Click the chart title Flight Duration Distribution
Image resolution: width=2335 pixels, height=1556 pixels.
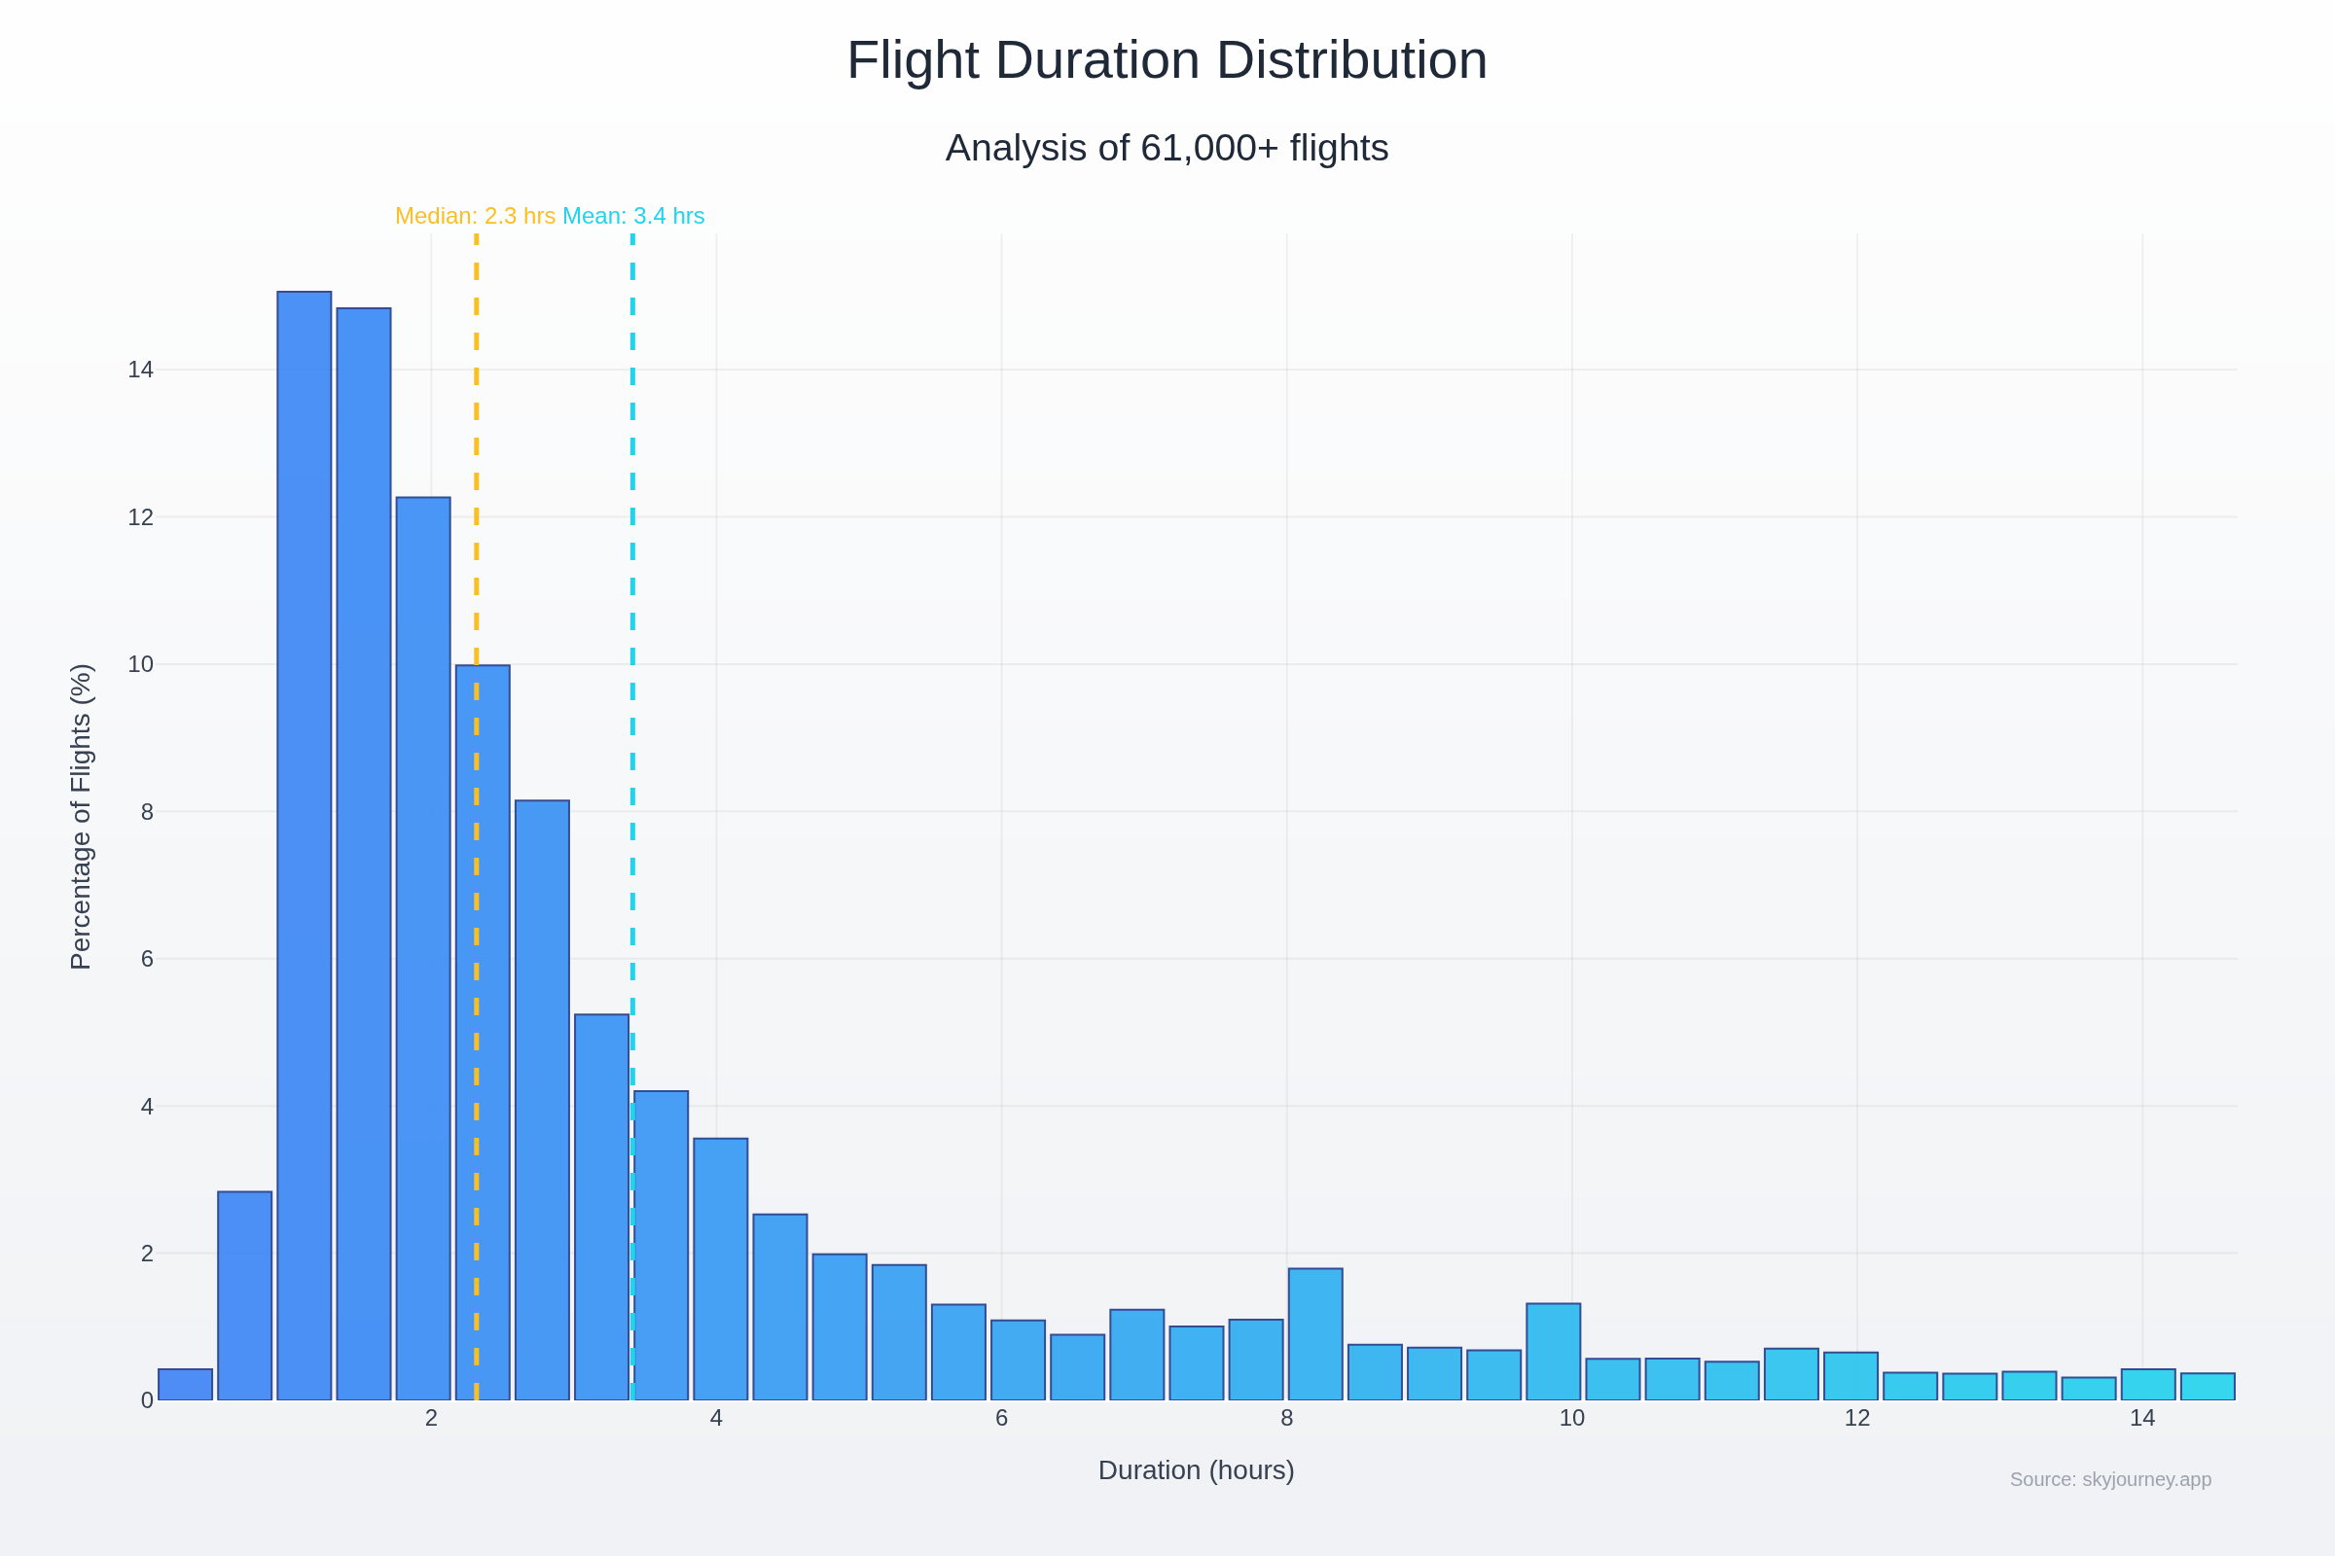coord(1167,60)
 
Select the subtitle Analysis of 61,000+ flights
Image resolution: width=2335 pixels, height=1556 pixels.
coord(1167,148)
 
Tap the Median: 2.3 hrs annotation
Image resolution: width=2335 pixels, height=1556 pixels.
coord(475,215)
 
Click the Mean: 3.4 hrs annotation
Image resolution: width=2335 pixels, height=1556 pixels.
coord(633,215)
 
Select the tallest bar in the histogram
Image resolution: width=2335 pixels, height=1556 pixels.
coord(304,843)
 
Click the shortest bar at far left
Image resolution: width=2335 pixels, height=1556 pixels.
coord(186,1385)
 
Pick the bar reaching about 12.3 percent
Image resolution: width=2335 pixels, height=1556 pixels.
coord(423,942)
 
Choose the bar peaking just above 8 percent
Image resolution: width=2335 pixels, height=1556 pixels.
coord(542,1091)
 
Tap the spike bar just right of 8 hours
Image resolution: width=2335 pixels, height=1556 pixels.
coord(1315,1334)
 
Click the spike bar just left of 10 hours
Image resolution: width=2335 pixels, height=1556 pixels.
coord(1554,1352)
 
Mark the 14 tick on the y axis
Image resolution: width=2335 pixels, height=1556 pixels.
coord(140,371)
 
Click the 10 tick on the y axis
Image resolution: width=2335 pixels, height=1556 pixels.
coord(140,665)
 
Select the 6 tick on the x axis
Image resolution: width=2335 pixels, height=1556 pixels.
coord(1002,1419)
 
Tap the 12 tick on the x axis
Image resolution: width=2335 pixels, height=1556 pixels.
coord(1857,1419)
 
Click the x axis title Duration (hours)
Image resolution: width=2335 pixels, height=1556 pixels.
coord(1197,1470)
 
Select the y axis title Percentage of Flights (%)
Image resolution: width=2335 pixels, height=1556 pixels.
coord(81,817)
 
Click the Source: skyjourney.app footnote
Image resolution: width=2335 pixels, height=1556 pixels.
coord(2110,1479)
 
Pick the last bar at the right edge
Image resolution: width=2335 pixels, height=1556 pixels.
coord(2208,1388)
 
